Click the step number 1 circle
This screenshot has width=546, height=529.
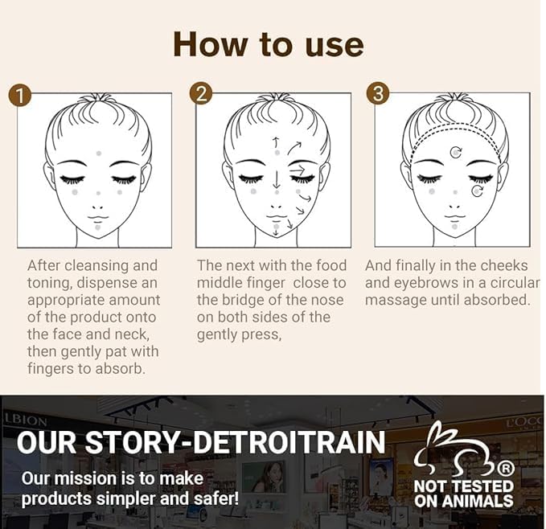coord(21,96)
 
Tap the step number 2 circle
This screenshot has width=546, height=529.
coord(201,94)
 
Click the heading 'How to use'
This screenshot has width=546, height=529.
coord(269,44)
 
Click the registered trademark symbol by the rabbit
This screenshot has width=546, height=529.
coord(507,470)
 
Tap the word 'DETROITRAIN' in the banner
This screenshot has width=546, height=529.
coord(289,442)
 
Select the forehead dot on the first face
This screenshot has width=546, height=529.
coord(99,154)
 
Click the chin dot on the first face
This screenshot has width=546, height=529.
coord(97,228)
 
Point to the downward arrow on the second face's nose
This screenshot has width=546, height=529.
coord(277,179)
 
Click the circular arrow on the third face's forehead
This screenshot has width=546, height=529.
coord(456,152)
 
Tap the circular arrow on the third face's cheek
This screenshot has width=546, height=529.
coord(478,191)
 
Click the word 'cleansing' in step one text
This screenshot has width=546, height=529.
coord(94,266)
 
